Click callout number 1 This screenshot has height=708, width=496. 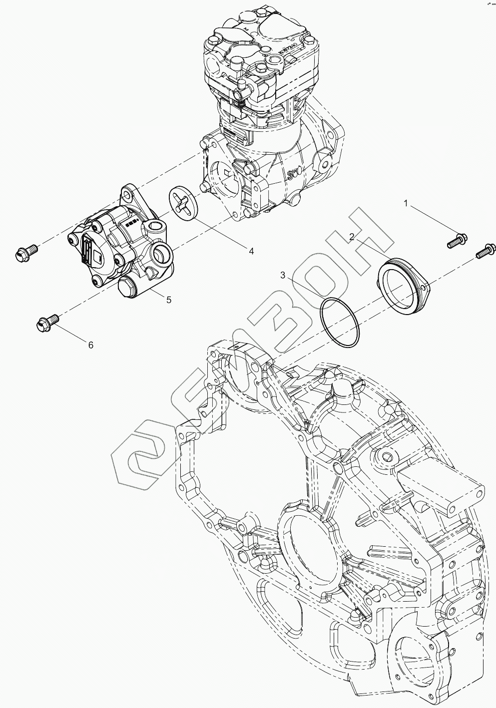pyautogui.click(x=406, y=203)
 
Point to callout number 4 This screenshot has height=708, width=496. pyautogui.click(x=251, y=251)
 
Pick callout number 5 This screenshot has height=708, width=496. pyautogui.click(x=169, y=300)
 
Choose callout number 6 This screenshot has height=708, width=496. pyautogui.click(x=90, y=345)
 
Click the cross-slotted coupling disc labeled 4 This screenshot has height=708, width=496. pyautogui.click(x=183, y=202)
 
